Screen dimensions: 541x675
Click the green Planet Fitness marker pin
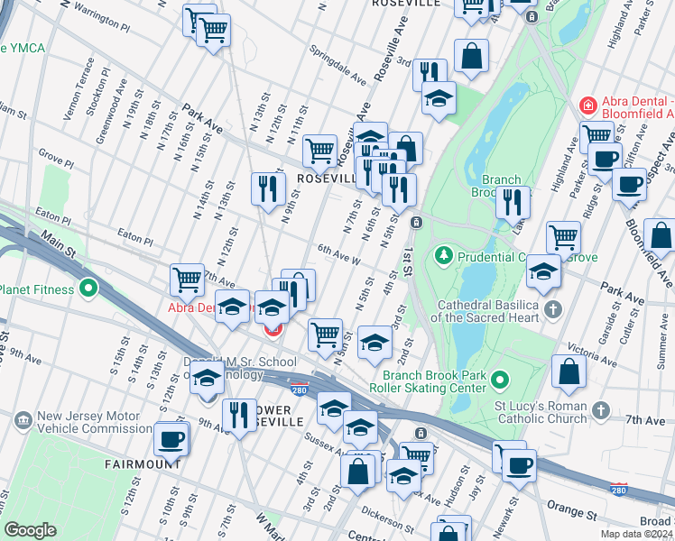point(88,289)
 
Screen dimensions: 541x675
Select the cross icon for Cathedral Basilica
point(553,309)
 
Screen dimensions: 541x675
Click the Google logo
point(31,530)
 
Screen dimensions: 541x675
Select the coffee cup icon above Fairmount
point(171,439)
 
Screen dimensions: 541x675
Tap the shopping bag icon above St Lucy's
point(569,372)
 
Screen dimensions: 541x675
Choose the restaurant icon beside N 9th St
point(267,188)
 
